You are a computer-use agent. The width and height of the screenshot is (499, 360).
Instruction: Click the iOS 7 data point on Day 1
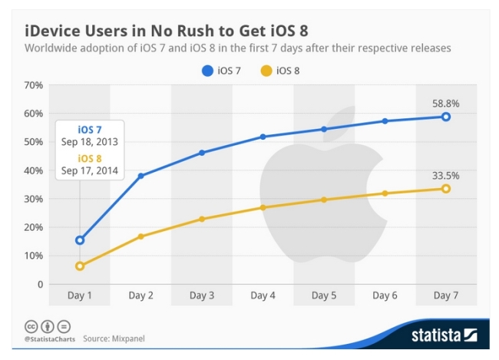tap(80, 240)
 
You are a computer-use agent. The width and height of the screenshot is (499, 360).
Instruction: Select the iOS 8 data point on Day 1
tap(80, 266)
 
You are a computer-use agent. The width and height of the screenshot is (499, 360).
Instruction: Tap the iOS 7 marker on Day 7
tap(446, 117)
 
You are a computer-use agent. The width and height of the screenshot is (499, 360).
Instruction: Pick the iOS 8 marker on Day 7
tap(446, 189)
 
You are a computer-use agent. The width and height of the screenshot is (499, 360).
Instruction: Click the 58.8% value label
tap(445, 104)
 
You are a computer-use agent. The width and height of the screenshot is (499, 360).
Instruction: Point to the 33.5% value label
tap(445, 175)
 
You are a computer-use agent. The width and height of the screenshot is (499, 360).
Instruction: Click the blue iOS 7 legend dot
tap(207, 71)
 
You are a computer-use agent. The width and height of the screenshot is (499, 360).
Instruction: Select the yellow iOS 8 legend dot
tap(266, 71)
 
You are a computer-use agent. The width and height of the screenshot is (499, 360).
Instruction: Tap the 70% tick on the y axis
tap(34, 85)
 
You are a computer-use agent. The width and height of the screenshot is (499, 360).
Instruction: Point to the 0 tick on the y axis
tap(40, 284)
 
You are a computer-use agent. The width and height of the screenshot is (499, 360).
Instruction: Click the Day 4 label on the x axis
tap(263, 296)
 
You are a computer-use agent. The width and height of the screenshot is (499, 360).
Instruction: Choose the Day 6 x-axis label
tap(385, 296)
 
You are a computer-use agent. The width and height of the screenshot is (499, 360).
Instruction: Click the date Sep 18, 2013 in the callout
tap(89, 142)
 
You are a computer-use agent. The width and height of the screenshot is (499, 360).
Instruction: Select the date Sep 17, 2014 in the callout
tap(89, 170)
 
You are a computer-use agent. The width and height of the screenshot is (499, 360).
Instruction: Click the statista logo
tap(444, 335)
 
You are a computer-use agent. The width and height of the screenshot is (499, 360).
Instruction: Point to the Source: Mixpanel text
tap(114, 339)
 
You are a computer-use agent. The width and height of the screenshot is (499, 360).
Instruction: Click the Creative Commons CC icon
tap(31, 326)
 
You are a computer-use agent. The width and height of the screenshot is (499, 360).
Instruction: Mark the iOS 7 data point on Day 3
tap(202, 153)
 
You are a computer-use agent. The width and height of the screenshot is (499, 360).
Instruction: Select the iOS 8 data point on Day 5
tap(324, 200)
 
